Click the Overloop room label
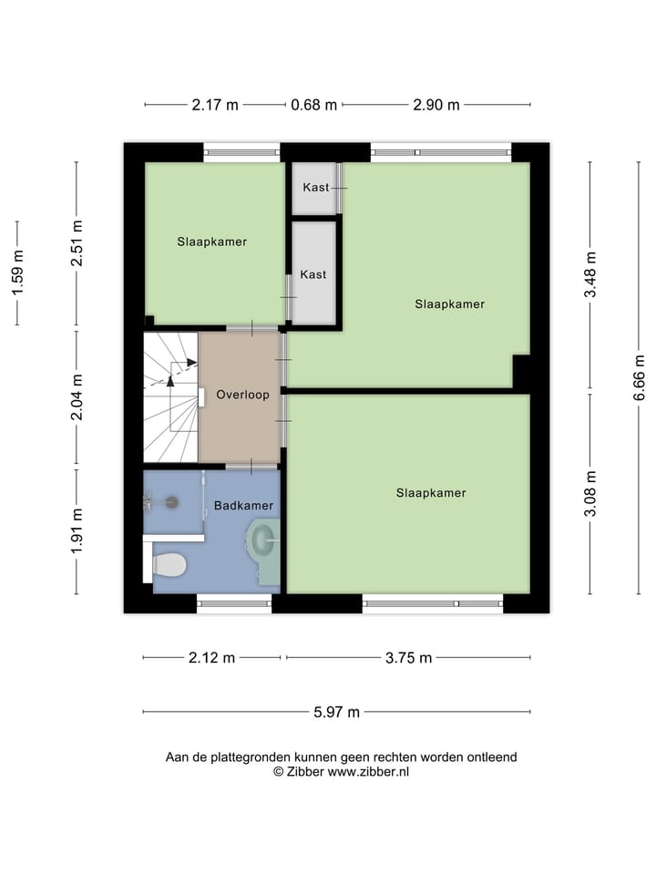click(x=242, y=396)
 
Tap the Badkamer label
click(x=243, y=505)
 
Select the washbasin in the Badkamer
click(x=262, y=541)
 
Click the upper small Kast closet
click(x=314, y=188)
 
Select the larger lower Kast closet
click(x=313, y=273)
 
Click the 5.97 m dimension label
click(x=336, y=713)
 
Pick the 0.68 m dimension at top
click(x=313, y=105)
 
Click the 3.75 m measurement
click(x=408, y=658)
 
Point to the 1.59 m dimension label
click(x=17, y=273)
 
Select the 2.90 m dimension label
click(x=436, y=105)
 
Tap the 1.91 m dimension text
click(x=77, y=530)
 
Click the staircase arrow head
click(x=191, y=363)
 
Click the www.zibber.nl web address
click(x=368, y=771)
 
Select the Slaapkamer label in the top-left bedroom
click(x=211, y=242)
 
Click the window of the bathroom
click(x=234, y=602)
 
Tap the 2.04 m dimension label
click(x=77, y=397)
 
